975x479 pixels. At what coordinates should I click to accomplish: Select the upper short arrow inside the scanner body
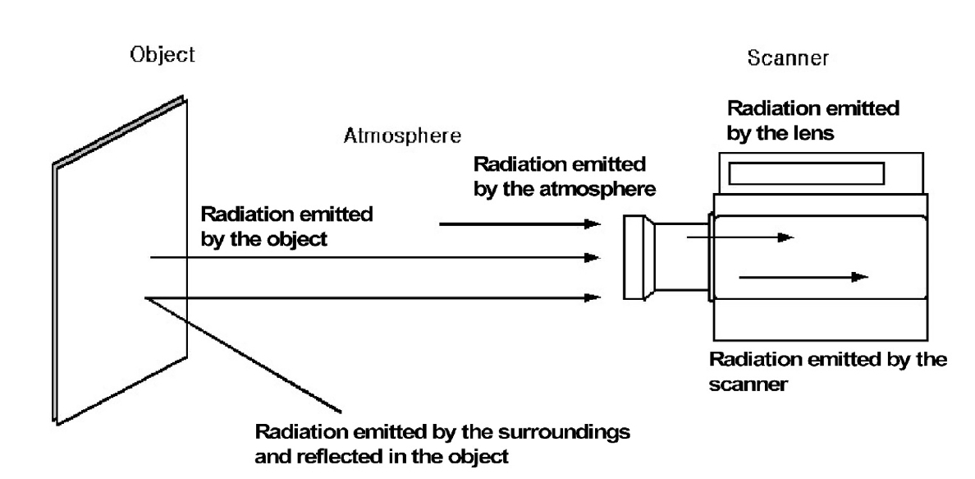point(739,237)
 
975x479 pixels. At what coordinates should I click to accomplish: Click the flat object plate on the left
point(121,263)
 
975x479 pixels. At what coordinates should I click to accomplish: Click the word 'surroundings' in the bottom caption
point(570,432)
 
